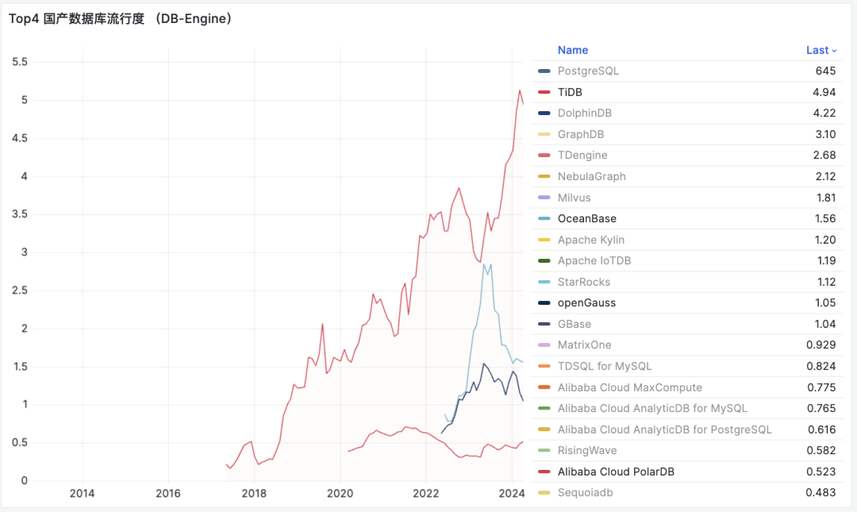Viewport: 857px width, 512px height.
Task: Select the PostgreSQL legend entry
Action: pos(588,71)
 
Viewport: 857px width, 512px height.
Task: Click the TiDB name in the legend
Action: pos(570,92)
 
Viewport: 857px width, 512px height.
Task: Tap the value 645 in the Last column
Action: pos(825,71)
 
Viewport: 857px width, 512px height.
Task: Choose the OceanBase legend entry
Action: pos(586,218)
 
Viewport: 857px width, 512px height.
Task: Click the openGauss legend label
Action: pos(586,302)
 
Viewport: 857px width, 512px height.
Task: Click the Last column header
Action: pos(820,50)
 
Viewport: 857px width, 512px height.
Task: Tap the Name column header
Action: pos(573,50)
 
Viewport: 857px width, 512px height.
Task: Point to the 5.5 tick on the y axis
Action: pos(20,62)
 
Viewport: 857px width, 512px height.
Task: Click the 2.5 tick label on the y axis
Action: pos(20,291)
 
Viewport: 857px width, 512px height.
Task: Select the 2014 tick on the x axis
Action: pos(83,493)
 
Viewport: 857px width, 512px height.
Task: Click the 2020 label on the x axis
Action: pos(340,493)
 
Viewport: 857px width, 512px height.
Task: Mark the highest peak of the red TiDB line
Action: pos(519,90)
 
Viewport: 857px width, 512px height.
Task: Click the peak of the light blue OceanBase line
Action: pos(484,264)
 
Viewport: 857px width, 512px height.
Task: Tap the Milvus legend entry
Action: pos(574,198)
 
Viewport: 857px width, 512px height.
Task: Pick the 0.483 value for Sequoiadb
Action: pos(820,493)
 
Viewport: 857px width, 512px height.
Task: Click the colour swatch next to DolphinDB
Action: pos(544,114)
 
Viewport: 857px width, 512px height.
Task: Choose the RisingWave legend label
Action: pos(587,450)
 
